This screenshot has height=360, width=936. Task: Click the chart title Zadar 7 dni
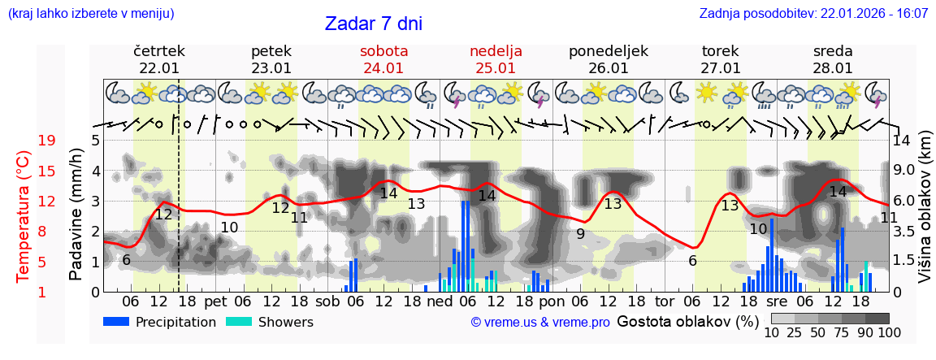pos(373,24)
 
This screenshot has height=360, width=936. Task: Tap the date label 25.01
pos(496,68)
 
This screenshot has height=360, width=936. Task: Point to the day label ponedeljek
pos(608,51)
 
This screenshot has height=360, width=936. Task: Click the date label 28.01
pos(833,68)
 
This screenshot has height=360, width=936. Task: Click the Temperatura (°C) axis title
pos(24,216)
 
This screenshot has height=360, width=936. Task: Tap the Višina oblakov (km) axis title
pos(925,215)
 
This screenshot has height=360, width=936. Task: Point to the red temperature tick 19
pos(46,141)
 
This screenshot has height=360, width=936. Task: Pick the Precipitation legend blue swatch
pos(117,322)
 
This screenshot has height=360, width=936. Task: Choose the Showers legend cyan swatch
pos(239,322)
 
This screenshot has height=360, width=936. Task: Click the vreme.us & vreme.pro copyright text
pos(540,323)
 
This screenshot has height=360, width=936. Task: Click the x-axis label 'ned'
pos(440,301)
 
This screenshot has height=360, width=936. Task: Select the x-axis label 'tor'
pos(665,301)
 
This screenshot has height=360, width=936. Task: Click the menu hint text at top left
pos(90,14)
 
